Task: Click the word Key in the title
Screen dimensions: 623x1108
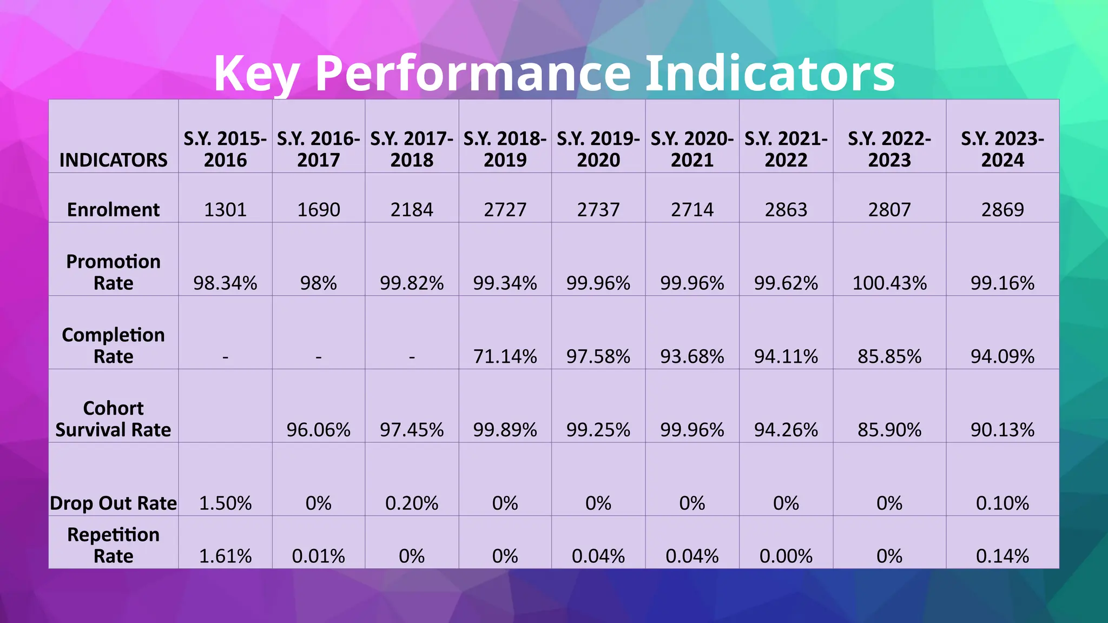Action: [x=256, y=74]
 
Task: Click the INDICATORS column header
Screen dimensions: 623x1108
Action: [x=114, y=160]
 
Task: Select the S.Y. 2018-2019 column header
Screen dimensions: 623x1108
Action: [x=505, y=149]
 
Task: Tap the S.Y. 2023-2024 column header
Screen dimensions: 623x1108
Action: [x=1002, y=149]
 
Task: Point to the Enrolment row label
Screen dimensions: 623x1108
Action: [x=114, y=210]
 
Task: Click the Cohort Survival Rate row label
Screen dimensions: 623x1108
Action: [x=114, y=419]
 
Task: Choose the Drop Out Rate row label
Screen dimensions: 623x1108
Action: [x=114, y=503]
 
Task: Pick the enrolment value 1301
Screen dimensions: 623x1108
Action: [x=225, y=210]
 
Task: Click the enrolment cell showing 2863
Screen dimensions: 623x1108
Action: [x=786, y=210]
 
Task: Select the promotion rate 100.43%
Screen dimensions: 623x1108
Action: [x=889, y=283]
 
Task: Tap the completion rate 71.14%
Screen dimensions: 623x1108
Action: [x=505, y=357]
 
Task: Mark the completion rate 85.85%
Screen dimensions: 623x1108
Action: [x=889, y=357]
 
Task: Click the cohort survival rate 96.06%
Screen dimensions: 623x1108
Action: [x=318, y=430]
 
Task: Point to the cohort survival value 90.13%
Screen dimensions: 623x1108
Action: [x=1002, y=430]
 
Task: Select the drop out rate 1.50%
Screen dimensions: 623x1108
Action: [x=225, y=503]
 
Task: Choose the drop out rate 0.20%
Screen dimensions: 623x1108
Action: [x=412, y=503]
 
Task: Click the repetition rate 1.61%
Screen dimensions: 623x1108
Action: [x=225, y=556]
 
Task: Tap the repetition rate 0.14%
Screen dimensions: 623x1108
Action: [x=1002, y=556]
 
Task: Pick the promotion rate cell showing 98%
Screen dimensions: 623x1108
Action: [x=318, y=283]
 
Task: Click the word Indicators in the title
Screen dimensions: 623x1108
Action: [x=770, y=74]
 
